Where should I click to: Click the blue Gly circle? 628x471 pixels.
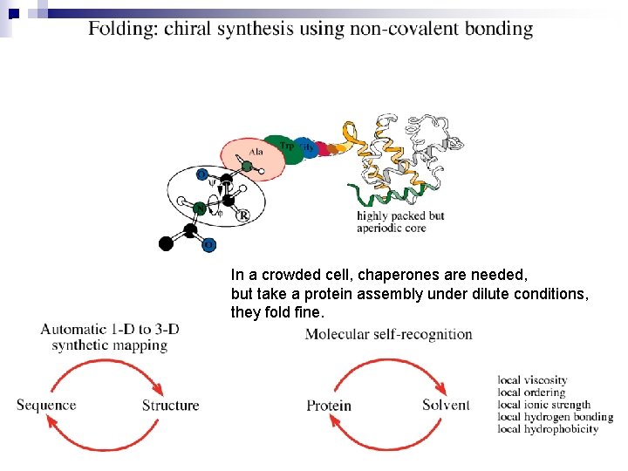tap(305, 147)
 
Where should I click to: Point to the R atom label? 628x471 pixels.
tap(242, 215)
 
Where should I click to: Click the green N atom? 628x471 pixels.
tap(200, 208)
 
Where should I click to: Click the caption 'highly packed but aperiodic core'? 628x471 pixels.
tap(400, 222)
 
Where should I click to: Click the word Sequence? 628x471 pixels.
tap(46, 406)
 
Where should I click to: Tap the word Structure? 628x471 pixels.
tap(170, 406)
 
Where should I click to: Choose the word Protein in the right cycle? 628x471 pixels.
tap(329, 406)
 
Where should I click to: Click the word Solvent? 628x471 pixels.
tap(446, 406)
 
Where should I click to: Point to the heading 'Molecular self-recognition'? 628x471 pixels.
tap(389, 334)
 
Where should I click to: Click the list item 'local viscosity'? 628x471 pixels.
tap(532, 380)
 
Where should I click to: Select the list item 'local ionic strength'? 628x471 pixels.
tap(544, 405)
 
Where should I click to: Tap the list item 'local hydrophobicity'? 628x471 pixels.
tap(548, 429)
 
